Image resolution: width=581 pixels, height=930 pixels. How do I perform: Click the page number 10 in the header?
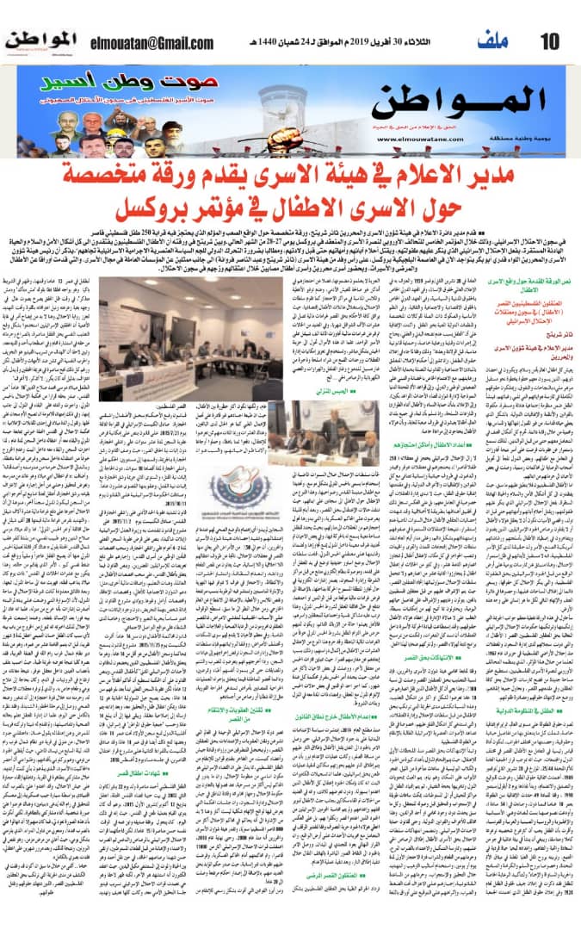pyautogui.click(x=551, y=40)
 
